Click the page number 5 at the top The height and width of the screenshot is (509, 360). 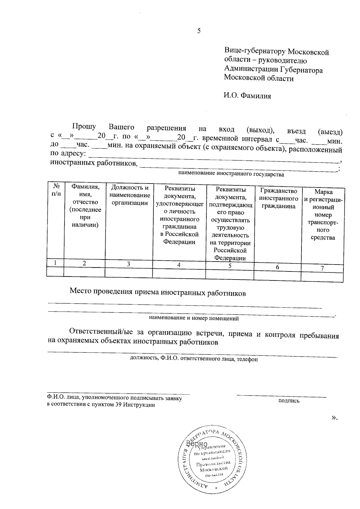[199, 31]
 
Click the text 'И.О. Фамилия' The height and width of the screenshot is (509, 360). [247, 96]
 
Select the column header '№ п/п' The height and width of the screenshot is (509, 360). [56, 190]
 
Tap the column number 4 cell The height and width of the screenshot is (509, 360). [179, 265]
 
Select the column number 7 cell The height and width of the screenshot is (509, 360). [322, 269]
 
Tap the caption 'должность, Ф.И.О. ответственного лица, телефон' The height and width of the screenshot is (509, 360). [193, 359]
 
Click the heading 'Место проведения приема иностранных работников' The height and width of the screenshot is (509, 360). [158, 293]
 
